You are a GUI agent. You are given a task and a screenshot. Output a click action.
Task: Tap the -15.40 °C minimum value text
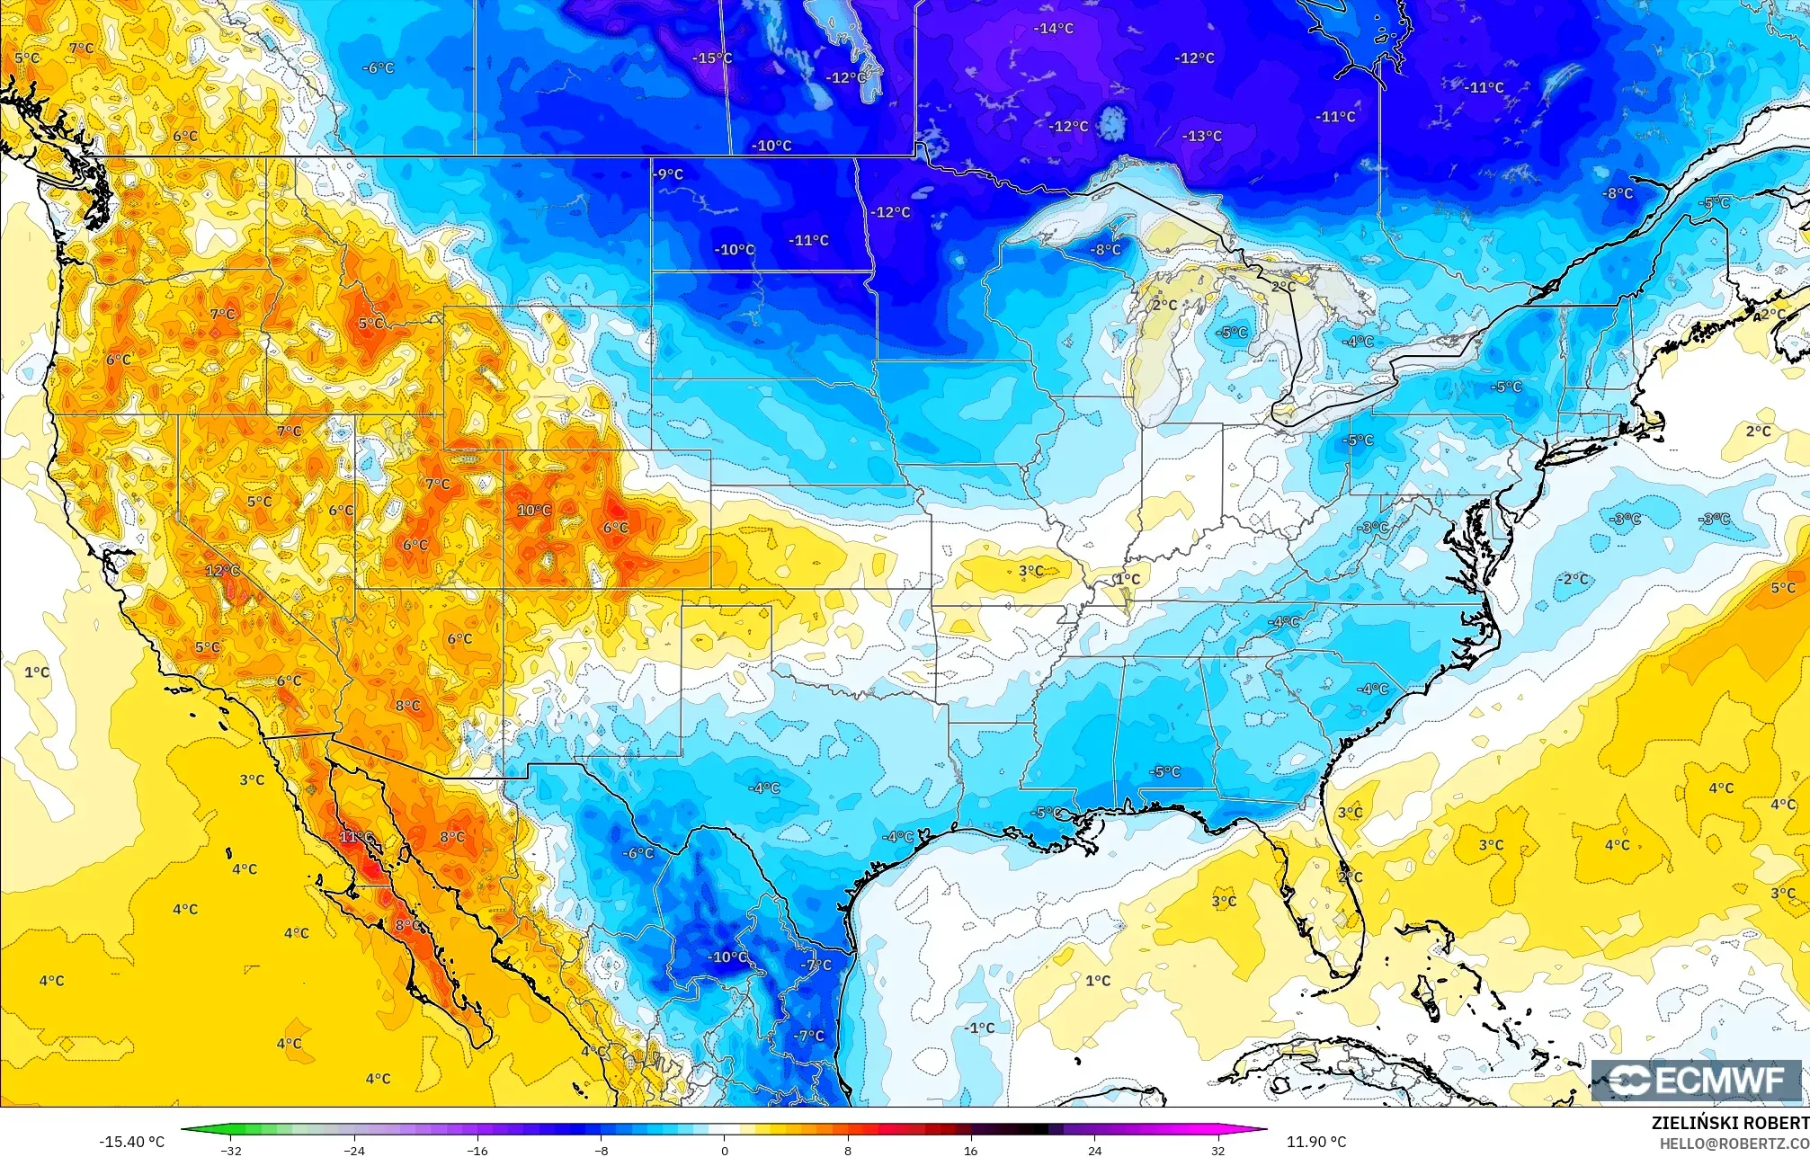coord(132,1142)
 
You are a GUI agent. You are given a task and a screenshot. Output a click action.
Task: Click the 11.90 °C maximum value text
coord(1316,1142)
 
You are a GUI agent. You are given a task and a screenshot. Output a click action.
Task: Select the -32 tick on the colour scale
coord(231,1150)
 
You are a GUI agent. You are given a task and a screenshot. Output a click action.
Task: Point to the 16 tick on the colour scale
coord(970,1150)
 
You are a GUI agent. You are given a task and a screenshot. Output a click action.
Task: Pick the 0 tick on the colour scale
coord(725,1150)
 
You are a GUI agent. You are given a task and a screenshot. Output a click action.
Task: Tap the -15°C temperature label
coord(712,58)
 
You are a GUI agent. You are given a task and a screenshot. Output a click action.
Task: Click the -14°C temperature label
coord(1053,29)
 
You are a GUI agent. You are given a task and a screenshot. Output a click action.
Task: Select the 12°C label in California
coord(222,571)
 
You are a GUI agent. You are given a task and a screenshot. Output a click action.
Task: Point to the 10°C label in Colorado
coord(534,511)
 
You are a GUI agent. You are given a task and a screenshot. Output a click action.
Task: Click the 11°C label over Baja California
coord(356,837)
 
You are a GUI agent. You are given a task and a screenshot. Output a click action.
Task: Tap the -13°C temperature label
coord(1202,137)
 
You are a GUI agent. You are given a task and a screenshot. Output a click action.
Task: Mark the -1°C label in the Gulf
coord(979,1028)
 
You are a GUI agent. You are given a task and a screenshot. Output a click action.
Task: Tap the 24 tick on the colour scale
coord(1094,1150)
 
